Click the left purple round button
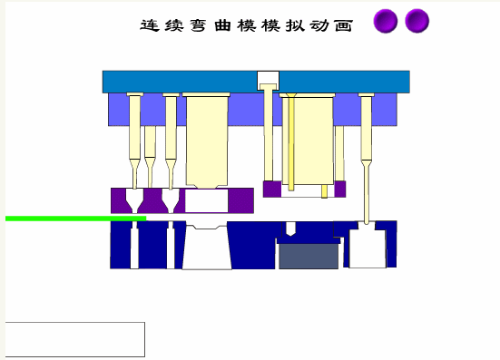click(386, 22)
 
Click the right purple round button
click(417, 22)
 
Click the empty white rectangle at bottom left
click(75, 339)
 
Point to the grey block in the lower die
click(308, 256)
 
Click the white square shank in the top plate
click(268, 79)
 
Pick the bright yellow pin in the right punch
click(293, 145)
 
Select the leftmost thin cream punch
click(134, 136)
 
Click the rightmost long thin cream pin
click(366, 154)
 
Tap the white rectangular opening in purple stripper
click(206, 200)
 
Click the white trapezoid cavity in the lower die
click(206, 248)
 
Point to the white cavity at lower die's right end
click(367, 248)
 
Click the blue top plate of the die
click(181, 81)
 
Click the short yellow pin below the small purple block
click(324, 190)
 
